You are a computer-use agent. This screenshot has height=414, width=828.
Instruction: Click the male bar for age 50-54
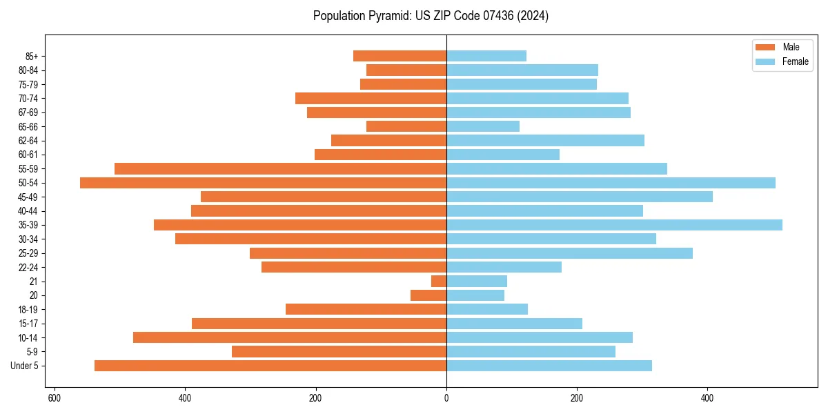tap(263, 183)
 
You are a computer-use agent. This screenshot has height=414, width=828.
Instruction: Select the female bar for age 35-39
tap(614, 225)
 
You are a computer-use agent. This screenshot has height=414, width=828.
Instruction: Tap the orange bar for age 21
tap(439, 282)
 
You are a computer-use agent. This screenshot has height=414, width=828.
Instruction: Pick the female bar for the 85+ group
tap(486, 56)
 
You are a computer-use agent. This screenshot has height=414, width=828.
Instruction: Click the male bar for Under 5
tap(270, 366)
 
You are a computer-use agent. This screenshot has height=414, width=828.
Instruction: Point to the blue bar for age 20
tap(475, 295)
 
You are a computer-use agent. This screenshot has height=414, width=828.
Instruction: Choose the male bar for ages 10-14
tap(290, 337)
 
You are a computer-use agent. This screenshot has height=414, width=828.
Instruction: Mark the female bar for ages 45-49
tap(580, 197)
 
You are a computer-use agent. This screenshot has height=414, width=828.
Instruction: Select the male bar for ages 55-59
tap(280, 168)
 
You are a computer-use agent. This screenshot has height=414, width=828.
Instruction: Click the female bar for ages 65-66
tap(483, 126)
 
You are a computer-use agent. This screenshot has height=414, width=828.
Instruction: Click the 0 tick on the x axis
tap(446, 398)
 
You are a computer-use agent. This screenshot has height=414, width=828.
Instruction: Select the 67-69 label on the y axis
tap(28, 112)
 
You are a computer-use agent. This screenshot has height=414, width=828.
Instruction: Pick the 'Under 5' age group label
tap(25, 366)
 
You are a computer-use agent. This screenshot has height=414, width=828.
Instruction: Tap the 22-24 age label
tap(28, 267)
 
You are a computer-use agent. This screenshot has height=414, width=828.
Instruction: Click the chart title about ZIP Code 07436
tap(431, 16)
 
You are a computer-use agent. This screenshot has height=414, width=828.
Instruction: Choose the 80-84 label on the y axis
tap(28, 70)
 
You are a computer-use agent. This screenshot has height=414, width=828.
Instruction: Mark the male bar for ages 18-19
tap(366, 309)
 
